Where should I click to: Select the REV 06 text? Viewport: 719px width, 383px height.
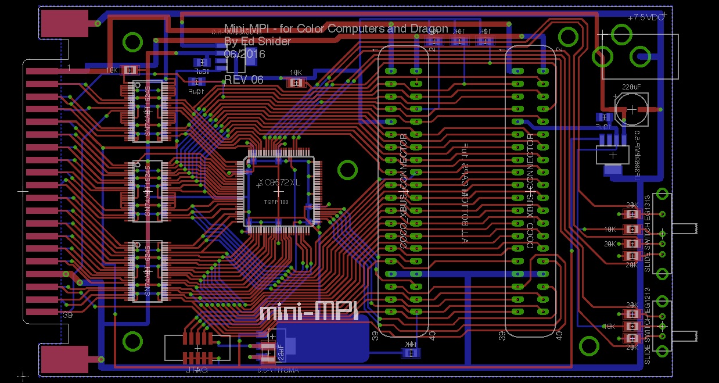tap(243, 80)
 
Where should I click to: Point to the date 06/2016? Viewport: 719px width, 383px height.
tap(245, 54)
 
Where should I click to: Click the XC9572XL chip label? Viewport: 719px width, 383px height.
tap(279, 182)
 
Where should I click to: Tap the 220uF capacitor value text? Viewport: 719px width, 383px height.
tap(631, 87)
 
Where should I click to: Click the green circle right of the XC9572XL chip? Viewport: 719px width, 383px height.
tap(347, 170)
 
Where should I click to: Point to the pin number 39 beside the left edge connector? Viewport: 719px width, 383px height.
tap(67, 314)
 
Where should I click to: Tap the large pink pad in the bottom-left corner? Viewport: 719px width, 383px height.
tap(63, 359)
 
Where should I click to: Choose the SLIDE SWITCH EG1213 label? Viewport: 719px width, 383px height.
tap(648, 331)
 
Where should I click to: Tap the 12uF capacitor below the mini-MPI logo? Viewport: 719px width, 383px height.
tap(269, 350)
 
